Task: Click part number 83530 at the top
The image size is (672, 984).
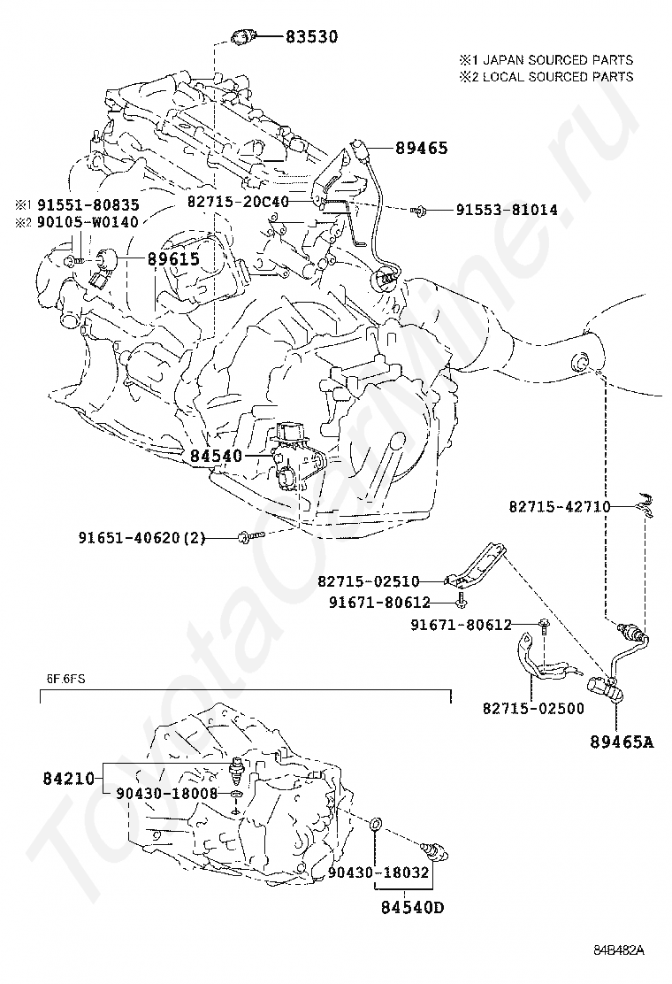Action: click(x=311, y=37)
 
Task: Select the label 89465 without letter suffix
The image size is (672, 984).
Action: click(x=421, y=148)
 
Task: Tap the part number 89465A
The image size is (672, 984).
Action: click(x=622, y=742)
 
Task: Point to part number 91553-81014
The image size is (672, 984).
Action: click(x=506, y=210)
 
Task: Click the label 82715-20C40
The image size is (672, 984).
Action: click(x=238, y=202)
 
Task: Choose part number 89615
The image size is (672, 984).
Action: click(x=173, y=258)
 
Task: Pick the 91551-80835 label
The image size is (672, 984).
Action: click(x=88, y=204)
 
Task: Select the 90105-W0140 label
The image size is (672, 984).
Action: click(x=88, y=221)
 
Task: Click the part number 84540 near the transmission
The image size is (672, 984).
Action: click(x=217, y=457)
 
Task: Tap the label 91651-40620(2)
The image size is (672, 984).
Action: click(x=141, y=538)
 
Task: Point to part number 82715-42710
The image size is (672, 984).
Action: click(x=559, y=506)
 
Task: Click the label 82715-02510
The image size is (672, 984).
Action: click(x=369, y=581)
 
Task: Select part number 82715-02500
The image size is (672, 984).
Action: click(x=533, y=709)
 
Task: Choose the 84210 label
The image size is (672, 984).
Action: click(x=68, y=779)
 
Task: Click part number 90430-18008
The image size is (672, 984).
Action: click(x=167, y=794)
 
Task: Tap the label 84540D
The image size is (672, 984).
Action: click(x=412, y=907)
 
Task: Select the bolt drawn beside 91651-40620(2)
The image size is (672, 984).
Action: click(x=251, y=536)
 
